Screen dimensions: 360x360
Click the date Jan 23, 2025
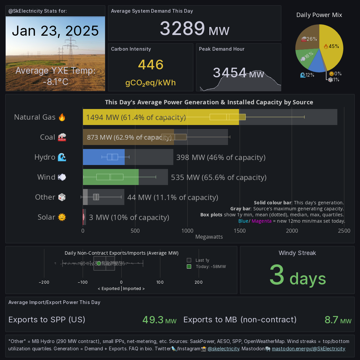(55, 31)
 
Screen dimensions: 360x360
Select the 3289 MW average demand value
(194, 29)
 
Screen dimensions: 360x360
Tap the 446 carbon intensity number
(151, 65)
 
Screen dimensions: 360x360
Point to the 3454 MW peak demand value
(238, 73)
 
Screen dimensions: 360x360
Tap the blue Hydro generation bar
(104, 157)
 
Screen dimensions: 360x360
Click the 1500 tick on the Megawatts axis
(240, 231)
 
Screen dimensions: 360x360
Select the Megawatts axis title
(209, 237)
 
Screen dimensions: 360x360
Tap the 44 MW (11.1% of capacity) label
(173, 197)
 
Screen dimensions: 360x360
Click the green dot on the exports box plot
(99, 263)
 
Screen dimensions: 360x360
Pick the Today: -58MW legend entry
(210, 267)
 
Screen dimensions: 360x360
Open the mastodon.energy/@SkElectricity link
(308, 349)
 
